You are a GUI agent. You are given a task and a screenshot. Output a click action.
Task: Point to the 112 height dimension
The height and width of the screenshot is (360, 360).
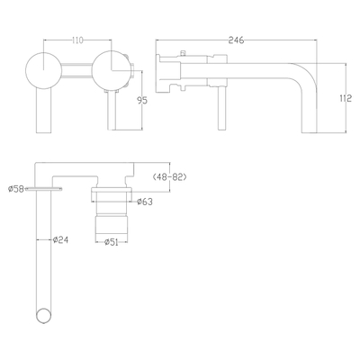pos(346,99)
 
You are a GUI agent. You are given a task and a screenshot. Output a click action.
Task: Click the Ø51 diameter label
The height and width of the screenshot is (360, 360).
pos(113,242)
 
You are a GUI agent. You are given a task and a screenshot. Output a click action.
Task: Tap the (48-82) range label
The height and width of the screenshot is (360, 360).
pos(171,177)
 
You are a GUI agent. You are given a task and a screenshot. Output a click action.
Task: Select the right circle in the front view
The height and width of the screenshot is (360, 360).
pos(110,70)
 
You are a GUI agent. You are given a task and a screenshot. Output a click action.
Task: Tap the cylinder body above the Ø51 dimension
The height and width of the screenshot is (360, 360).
pos(112,221)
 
